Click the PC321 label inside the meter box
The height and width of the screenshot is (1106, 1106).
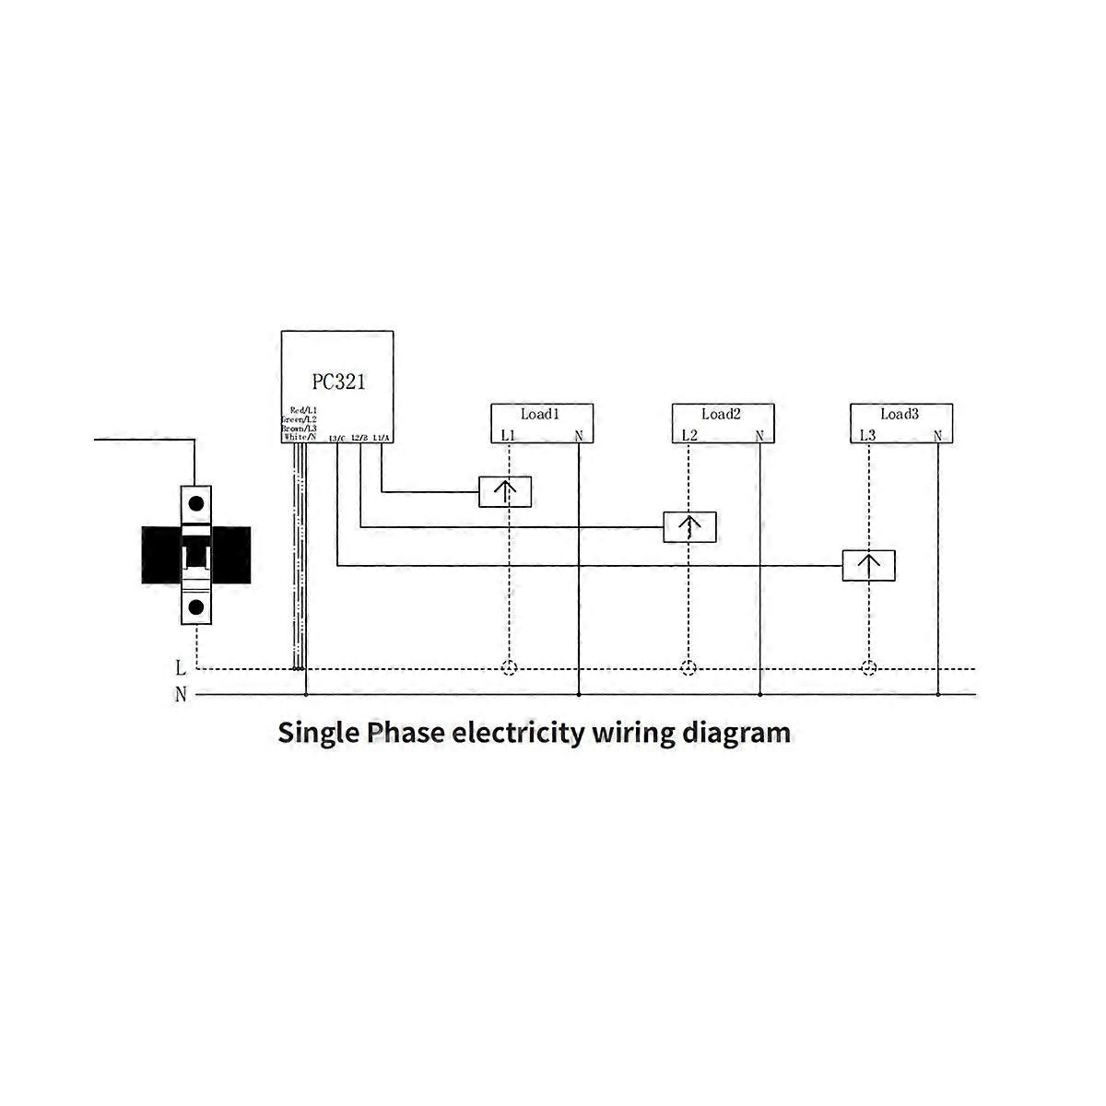pyautogui.click(x=337, y=381)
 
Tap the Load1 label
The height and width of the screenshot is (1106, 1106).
pyautogui.click(x=540, y=415)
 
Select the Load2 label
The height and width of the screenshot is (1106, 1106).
pyautogui.click(x=721, y=415)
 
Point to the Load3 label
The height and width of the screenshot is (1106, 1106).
pyautogui.click(x=900, y=415)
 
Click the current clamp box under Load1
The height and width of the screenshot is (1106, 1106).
pyautogui.click(x=505, y=492)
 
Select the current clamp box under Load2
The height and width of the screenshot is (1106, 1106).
pyautogui.click(x=690, y=527)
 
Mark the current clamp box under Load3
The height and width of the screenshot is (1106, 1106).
pyautogui.click(x=868, y=565)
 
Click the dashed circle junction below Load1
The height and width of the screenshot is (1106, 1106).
pyautogui.click(x=508, y=668)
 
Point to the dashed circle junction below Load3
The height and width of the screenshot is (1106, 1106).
pyautogui.click(x=867, y=668)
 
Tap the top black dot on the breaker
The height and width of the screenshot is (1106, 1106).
pyautogui.click(x=196, y=504)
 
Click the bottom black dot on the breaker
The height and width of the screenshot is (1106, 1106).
pyautogui.click(x=196, y=606)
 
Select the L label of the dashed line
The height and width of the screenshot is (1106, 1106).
pyautogui.click(x=181, y=668)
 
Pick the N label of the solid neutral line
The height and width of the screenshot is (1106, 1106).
pyautogui.click(x=181, y=695)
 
